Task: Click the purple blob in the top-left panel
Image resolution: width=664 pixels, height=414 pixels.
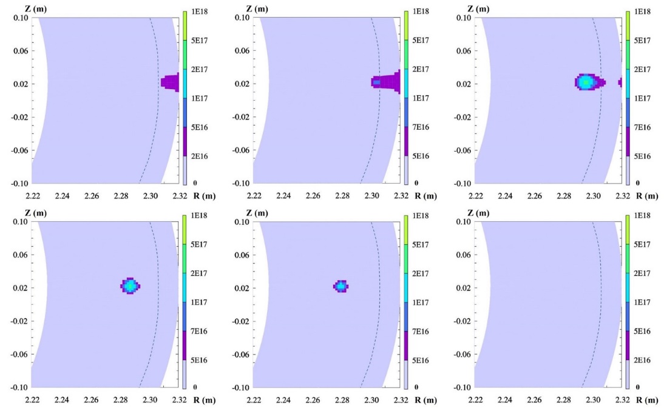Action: tap(171, 82)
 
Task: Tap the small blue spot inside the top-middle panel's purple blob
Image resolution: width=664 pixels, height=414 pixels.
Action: tap(377, 82)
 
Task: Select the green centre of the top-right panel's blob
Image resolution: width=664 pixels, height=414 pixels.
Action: tap(585, 82)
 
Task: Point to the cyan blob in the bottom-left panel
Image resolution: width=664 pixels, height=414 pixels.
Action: tap(130, 285)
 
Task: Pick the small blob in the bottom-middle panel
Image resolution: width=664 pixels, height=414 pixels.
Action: tap(341, 286)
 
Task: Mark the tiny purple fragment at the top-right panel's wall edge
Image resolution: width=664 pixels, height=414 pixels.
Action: tap(620, 82)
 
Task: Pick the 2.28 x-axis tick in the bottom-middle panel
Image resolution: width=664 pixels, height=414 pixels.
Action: tap(342, 400)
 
